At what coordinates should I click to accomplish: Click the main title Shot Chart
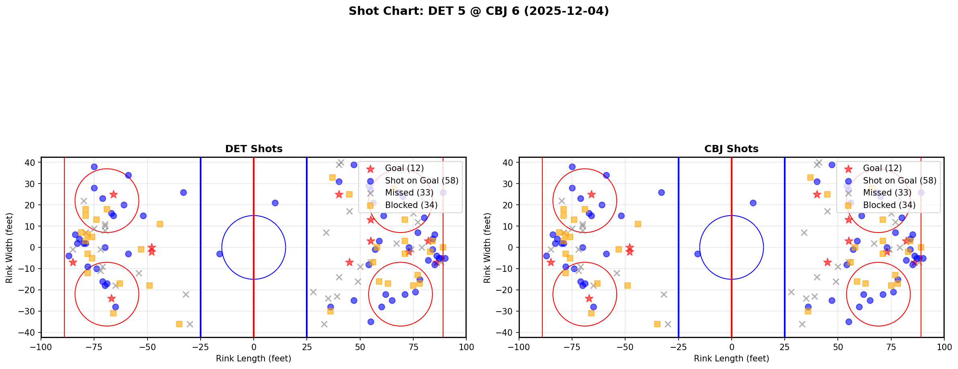[478, 11]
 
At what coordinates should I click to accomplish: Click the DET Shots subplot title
[254, 149]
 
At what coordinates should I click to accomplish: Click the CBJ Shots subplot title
[731, 149]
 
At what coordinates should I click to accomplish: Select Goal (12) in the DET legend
[404, 168]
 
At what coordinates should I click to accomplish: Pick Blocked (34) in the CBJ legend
[889, 205]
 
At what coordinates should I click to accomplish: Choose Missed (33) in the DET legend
[409, 193]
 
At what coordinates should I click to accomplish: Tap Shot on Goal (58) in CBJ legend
[900, 181]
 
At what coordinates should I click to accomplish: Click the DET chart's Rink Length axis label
[253, 359]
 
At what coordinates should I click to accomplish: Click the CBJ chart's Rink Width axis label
[487, 248]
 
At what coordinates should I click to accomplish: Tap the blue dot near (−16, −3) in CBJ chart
[697, 254]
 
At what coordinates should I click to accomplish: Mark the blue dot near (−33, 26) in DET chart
[183, 192]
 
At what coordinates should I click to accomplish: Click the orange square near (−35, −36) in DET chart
[179, 324]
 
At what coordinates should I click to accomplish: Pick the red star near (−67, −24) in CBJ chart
[589, 298]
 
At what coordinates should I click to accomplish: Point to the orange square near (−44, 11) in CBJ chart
[638, 224]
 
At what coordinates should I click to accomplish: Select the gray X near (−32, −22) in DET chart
[186, 294]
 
